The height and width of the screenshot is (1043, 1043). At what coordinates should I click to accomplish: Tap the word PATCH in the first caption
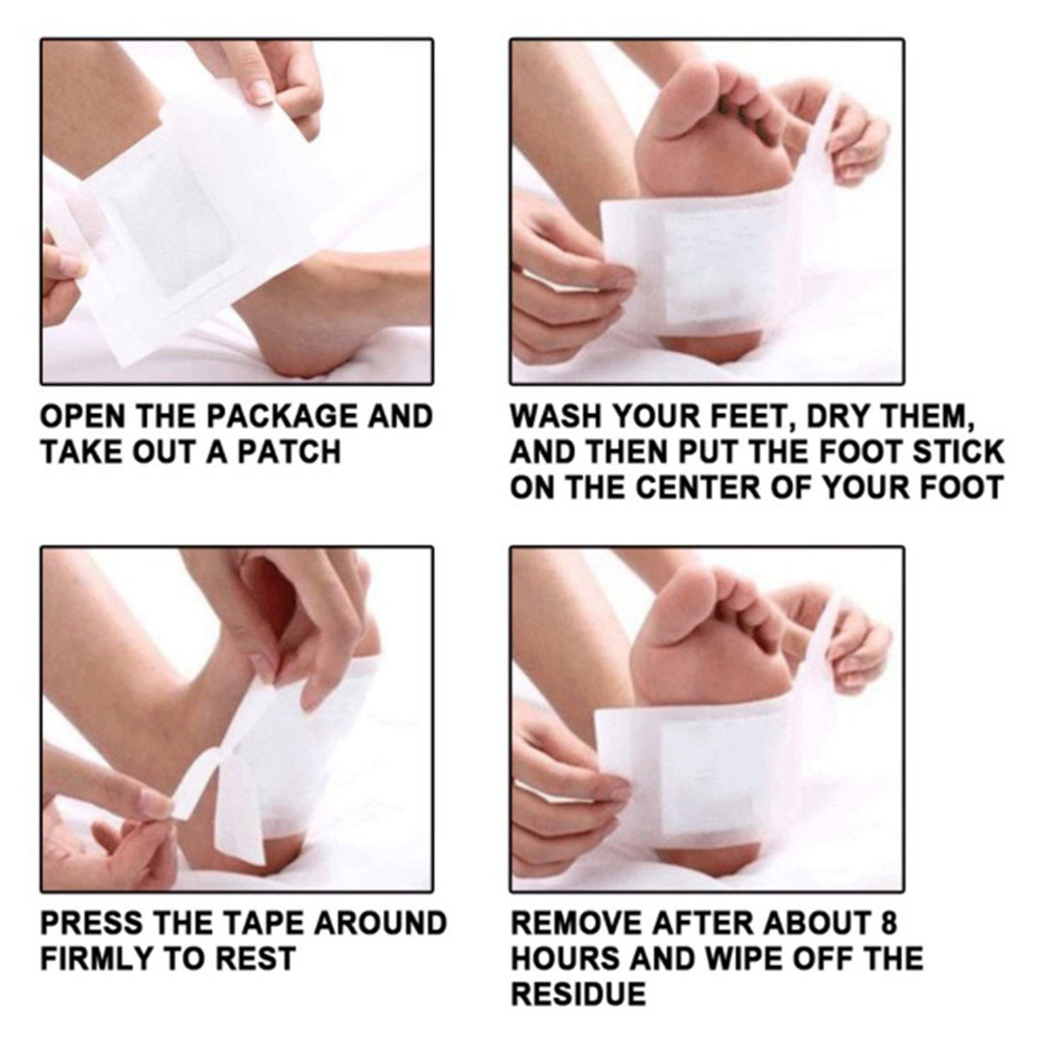click(x=289, y=452)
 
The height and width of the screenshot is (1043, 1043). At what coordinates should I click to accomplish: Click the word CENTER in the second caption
click(x=699, y=488)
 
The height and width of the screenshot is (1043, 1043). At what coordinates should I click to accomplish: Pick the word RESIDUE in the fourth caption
click(x=578, y=994)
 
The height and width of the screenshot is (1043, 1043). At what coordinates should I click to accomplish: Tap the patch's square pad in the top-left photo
click(x=166, y=225)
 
